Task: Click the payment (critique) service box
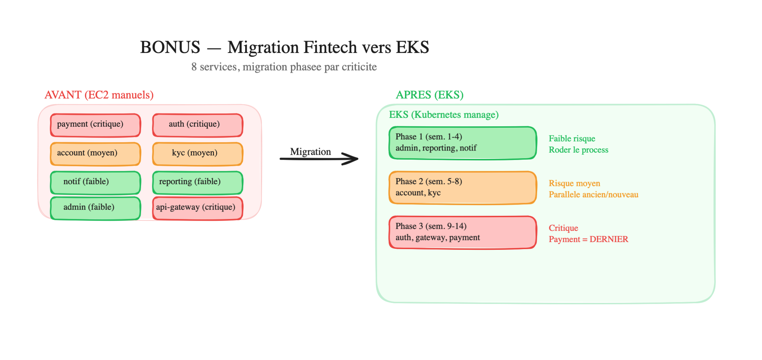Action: (95, 125)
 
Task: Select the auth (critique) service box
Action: (197, 125)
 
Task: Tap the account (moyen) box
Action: (95, 154)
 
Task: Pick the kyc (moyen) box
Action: (197, 154)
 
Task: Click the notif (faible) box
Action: (95, 182)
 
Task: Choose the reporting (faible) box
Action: (197, 182)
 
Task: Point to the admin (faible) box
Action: (95, 208)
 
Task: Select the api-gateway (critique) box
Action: (197, 208)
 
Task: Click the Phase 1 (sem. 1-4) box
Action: (463, 143)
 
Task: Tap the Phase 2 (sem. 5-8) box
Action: (463, 187)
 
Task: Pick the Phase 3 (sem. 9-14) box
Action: (463, 232)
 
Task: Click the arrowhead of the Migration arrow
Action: (352, 159)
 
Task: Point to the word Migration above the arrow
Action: (310, 152)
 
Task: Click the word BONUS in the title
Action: (170, 47)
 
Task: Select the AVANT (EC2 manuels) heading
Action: (99, 95)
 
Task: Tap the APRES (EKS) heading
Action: (430, 95)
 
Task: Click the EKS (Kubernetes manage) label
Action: (444, 115)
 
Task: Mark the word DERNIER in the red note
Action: (609, 239)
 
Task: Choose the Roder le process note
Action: (578, 150)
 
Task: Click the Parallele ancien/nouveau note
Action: (593, 195)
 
